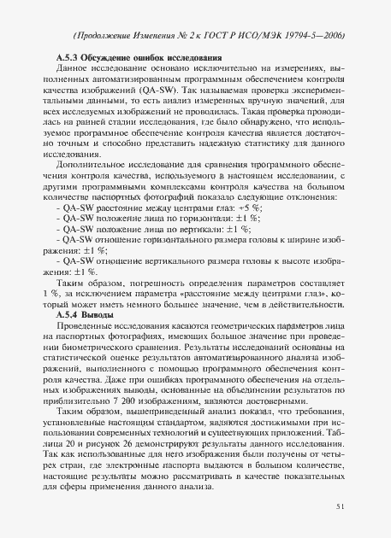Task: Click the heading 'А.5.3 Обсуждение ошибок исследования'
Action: click(x=133, y=56)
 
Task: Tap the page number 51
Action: click(x=341, y=506)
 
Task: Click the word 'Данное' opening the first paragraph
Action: click(x=74, y=68)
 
